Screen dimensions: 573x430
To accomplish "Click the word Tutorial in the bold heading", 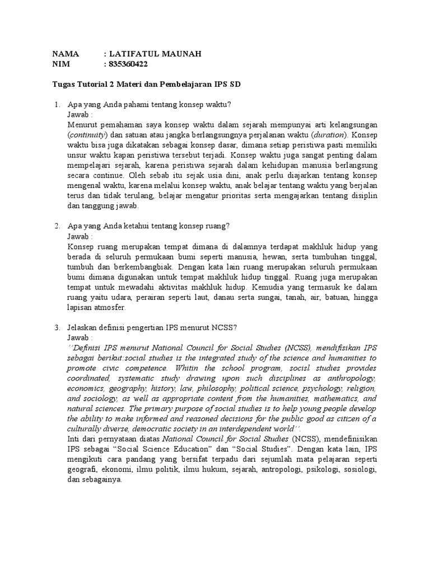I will (x=88, y=84).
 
